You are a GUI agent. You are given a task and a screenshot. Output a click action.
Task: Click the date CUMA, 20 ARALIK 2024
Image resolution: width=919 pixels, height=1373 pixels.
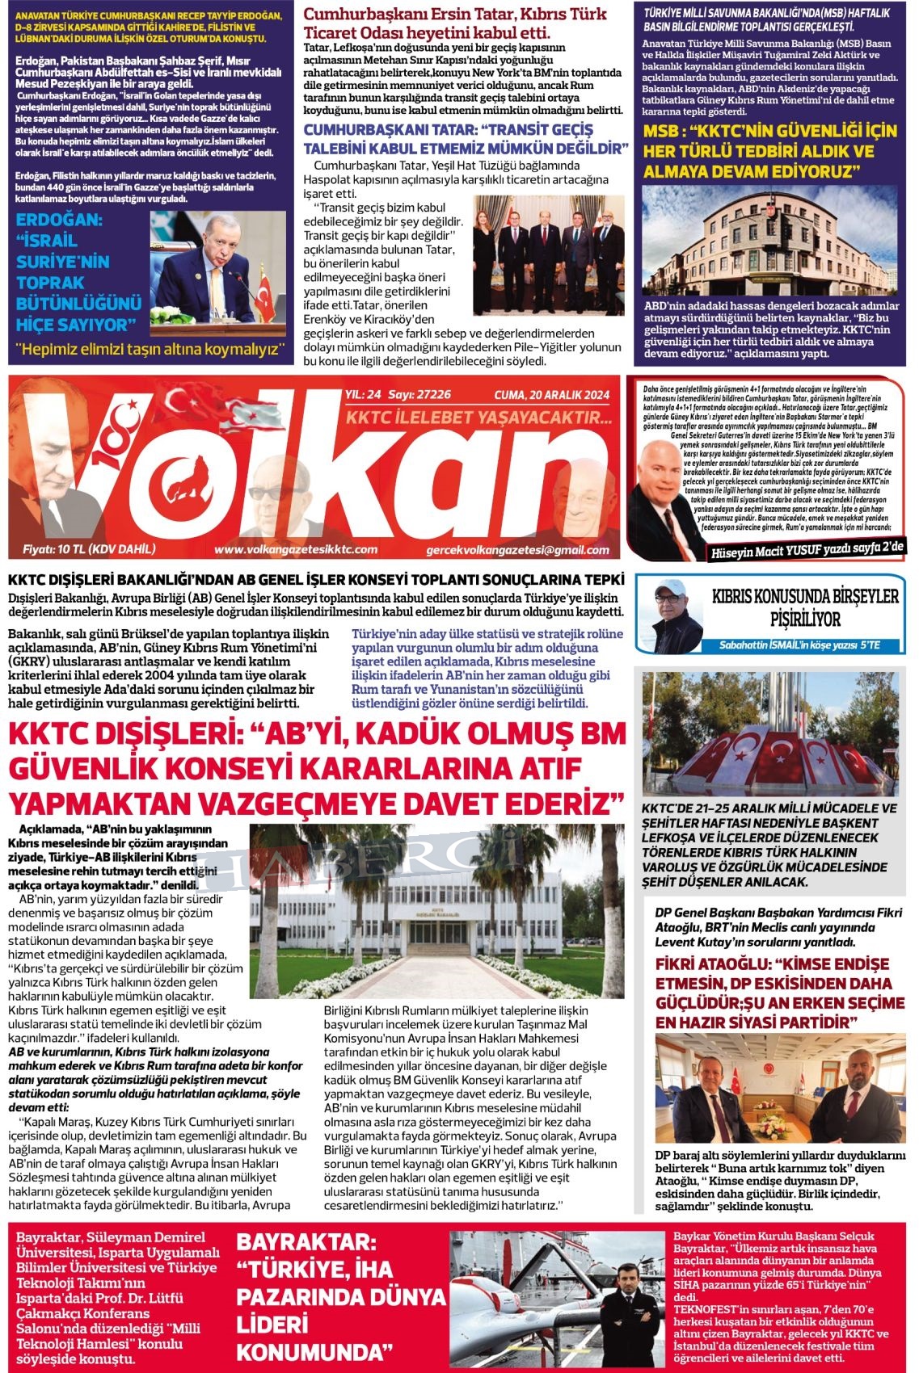point(551,395)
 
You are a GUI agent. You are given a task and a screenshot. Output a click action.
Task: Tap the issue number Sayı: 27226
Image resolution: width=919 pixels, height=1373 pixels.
point(420,395)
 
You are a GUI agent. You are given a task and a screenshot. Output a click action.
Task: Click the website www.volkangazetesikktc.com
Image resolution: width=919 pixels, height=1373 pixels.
point(295,549)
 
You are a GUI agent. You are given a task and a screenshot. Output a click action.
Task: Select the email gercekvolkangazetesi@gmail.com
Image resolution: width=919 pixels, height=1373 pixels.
point(517,550)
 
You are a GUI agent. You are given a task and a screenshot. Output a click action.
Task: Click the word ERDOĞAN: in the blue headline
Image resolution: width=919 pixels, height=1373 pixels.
point(60,220)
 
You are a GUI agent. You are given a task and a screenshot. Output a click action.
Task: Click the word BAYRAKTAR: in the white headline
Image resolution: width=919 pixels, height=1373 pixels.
point(306,1243)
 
